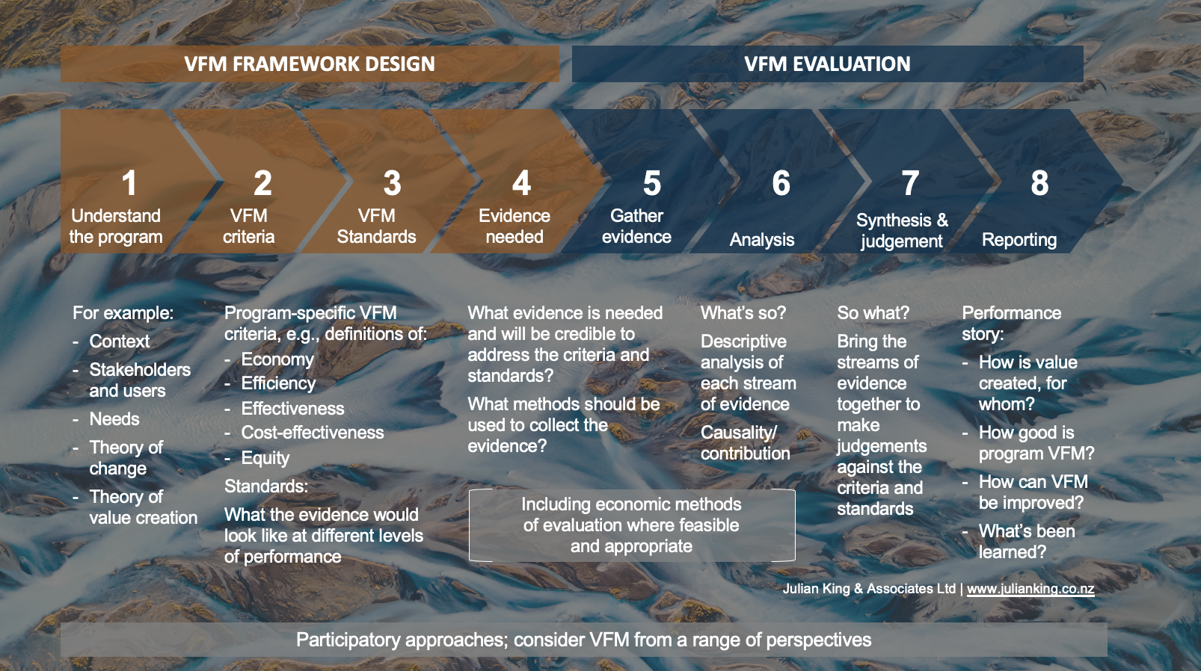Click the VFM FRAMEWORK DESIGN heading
tap(310, 64)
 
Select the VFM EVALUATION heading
tap(827, 64)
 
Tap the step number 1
tap(129, 183)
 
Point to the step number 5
tap(652, 183)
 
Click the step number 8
tap(1039, 183)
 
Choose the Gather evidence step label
tap(636, 226)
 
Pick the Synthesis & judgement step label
tap(902, 230)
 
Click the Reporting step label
tap(1019, 239)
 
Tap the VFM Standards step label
tap(376, 226)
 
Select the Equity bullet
tap(265, 458)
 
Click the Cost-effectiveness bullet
tap(312, 433)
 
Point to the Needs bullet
tap(114, 418)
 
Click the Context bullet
tap(119, 341)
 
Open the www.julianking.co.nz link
tap(1030, 589)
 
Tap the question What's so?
tap(743, 313)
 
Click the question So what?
tap(873, 313)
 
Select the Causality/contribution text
tap(746, 443)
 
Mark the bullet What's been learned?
tap(1027, 542)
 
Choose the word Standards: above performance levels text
tap(266, 486)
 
